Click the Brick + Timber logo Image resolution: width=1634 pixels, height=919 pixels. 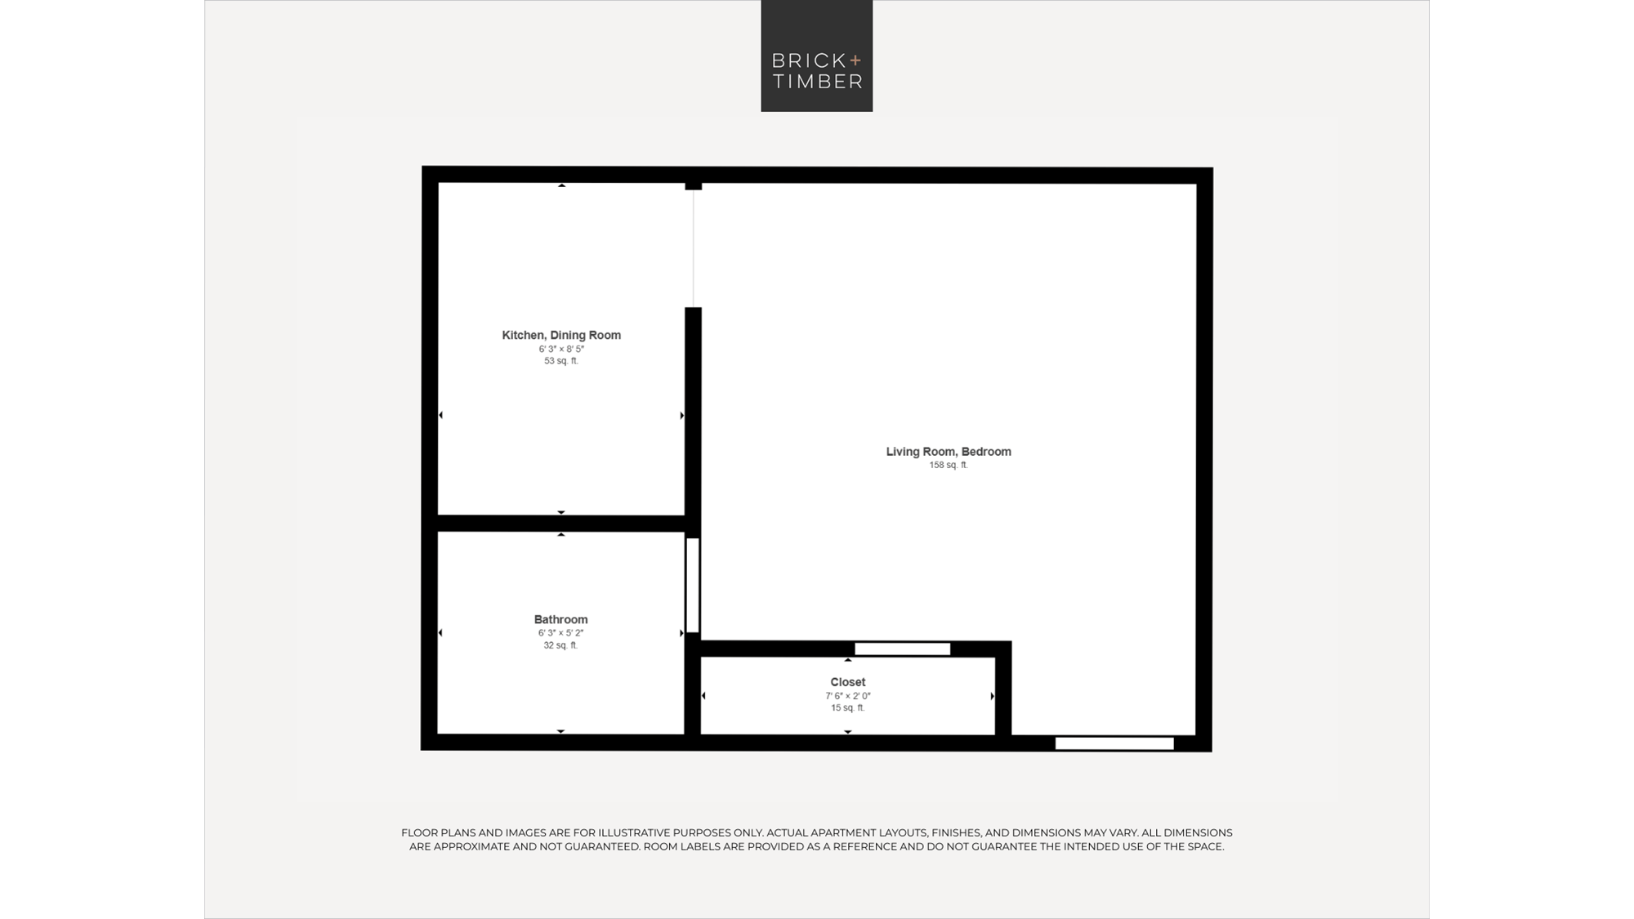click(817, 56)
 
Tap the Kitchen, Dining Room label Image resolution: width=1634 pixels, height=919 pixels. click(561, 335)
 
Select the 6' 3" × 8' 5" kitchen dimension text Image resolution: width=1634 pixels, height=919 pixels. click(561, 349)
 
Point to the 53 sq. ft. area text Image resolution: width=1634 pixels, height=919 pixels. click(561, 361)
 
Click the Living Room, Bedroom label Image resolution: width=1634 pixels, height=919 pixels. click(949, 452)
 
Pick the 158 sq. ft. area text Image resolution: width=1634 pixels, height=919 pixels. click(949, 465)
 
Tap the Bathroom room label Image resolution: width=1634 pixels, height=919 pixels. click(561, 619)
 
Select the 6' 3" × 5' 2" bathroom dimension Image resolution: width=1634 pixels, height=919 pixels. click(561, 633)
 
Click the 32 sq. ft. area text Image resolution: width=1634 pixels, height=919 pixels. click(561, 645)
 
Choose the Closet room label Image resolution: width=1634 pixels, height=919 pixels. click(848, 682)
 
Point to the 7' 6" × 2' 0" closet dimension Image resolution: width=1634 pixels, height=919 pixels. click(848, 696)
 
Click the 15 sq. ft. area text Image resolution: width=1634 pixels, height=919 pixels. click(848, 707)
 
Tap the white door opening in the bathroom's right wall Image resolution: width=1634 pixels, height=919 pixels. click(693, 585)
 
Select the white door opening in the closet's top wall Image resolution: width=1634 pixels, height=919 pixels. click(903, 649)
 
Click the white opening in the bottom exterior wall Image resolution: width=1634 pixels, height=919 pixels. click(1114, 743)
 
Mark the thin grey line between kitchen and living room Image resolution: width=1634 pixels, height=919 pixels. click(694, 248)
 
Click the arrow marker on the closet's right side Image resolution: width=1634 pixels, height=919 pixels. click(993, 696)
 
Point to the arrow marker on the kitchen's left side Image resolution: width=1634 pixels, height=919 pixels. click(441, 415)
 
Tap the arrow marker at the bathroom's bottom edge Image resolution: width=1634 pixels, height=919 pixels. click(561, 731)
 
